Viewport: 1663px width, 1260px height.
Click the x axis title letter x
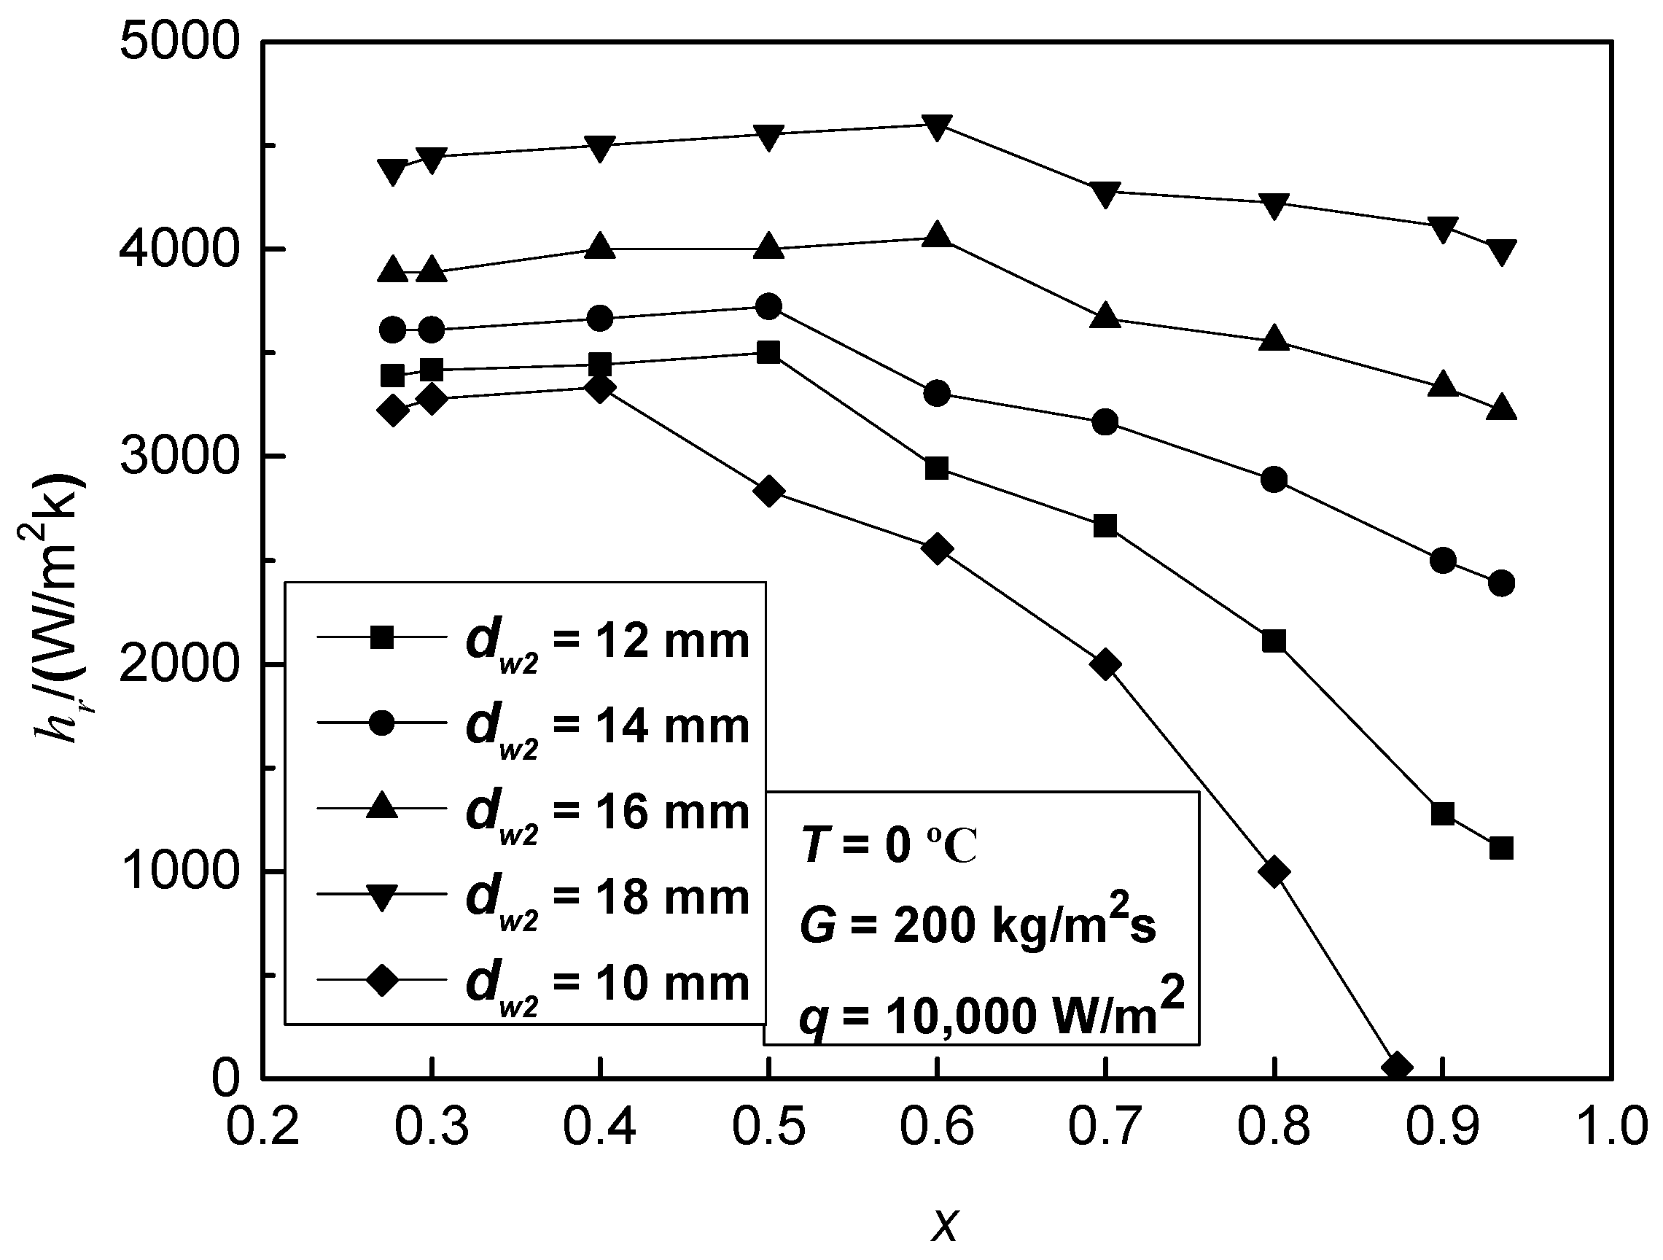[944, 1223]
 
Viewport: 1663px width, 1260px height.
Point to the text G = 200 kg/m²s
[978, 923]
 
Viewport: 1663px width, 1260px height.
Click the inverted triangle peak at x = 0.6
[937, 126]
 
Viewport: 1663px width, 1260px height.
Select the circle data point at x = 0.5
[768, 306]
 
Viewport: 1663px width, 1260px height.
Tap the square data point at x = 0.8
[1274, 640]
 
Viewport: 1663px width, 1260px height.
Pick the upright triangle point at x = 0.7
[1105, 316]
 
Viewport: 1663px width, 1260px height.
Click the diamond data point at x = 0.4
[600, 388]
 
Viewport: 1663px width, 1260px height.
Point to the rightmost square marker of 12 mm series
[1500, 848]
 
